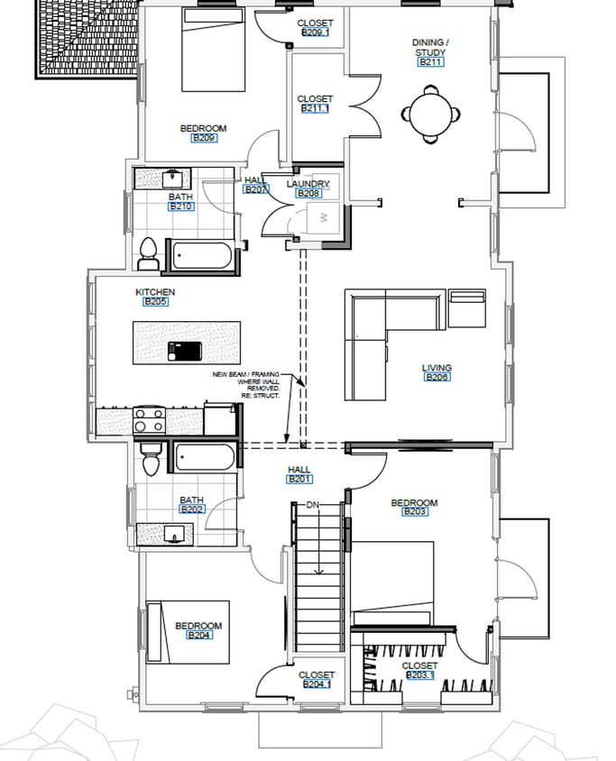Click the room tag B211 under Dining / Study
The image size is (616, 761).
(430, 63)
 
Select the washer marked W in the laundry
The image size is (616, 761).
(322, 219)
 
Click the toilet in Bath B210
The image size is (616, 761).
(149, 252)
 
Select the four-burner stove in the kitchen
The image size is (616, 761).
(150, 420)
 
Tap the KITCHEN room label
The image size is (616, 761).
(155, 292)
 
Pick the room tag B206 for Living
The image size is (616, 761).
(437, 377)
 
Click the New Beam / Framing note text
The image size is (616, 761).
(246, 385)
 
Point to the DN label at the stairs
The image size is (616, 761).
(313, 504)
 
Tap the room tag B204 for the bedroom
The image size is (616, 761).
(198, 636)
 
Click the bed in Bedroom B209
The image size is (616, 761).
(214, 49)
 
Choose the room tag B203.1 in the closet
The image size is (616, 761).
(419, 674)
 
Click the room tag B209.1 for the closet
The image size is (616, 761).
(315, 32)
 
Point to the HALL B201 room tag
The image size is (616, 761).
(299, 479)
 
